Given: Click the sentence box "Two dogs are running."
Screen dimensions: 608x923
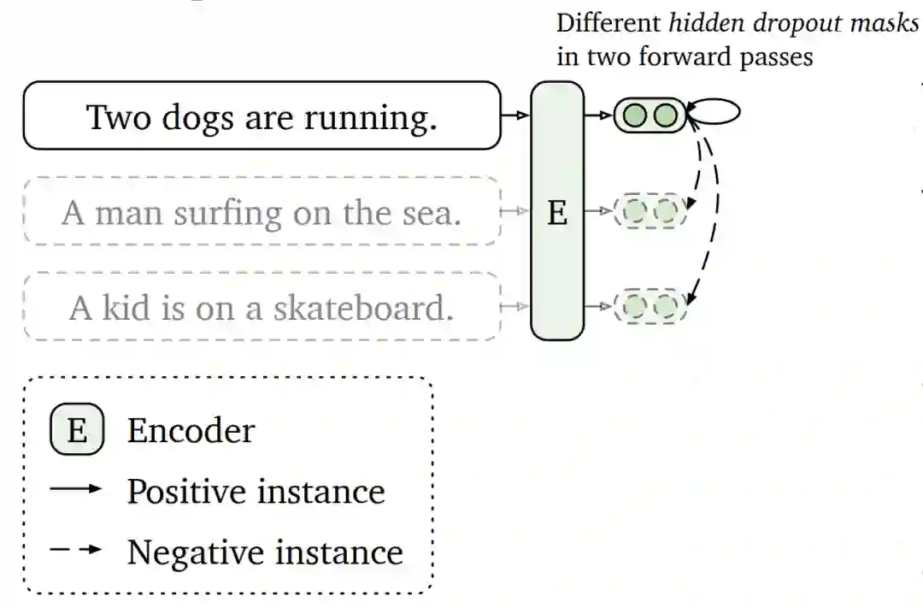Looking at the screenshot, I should coord(261,115).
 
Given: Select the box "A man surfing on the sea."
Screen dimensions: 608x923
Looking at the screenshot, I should coord(261,211).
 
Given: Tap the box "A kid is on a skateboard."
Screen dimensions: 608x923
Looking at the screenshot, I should coord(261,307).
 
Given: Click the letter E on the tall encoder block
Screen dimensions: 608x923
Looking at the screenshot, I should coord(557,212).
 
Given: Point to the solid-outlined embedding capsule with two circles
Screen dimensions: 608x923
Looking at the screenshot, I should coord(650,115).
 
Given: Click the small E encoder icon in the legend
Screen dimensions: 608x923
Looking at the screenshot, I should coord(77,430).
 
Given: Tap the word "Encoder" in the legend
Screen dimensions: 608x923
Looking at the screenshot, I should coord(191,430).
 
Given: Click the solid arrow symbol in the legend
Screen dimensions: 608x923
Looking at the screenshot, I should coord(76,489).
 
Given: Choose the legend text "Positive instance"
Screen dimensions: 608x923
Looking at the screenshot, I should coord(256,491).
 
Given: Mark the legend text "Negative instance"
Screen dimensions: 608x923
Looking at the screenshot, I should coord(265,552).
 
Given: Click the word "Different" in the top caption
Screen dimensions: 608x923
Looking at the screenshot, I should coord(608,23).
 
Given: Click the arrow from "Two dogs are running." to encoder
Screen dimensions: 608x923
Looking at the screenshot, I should coord(515,115).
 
